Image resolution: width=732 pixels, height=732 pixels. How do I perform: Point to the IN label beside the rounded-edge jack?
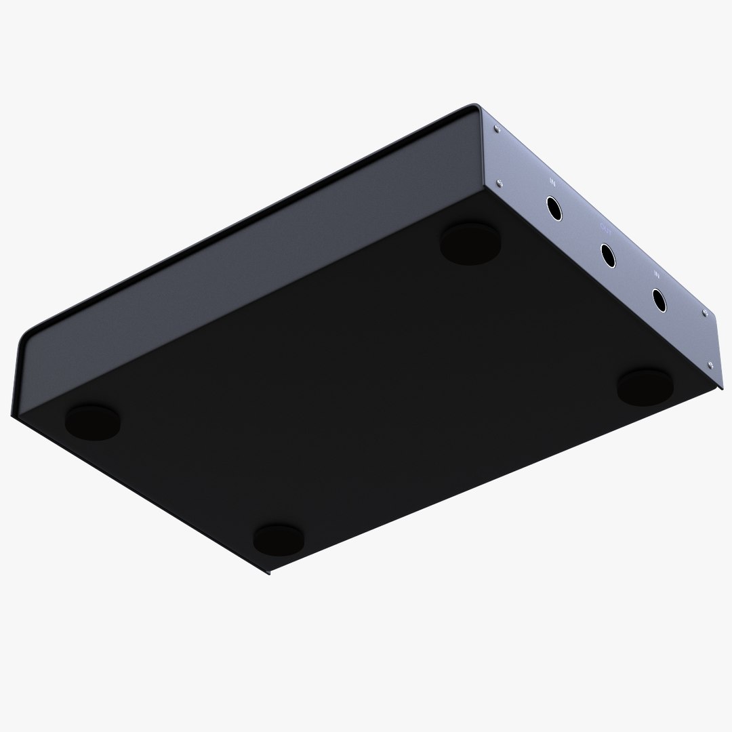coord(552,182)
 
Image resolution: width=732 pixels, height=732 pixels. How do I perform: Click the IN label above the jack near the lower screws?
coord(657,274)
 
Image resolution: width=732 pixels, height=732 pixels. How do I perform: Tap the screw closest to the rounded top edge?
coord(498,129)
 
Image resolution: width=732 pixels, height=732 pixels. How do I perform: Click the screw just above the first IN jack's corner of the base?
coord(500,182)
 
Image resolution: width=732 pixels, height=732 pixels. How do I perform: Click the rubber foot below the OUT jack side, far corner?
coord(470,243)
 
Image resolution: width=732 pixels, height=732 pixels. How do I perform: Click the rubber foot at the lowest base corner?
coord(279,537)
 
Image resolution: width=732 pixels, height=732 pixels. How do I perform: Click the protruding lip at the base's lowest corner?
coord(268,571)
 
